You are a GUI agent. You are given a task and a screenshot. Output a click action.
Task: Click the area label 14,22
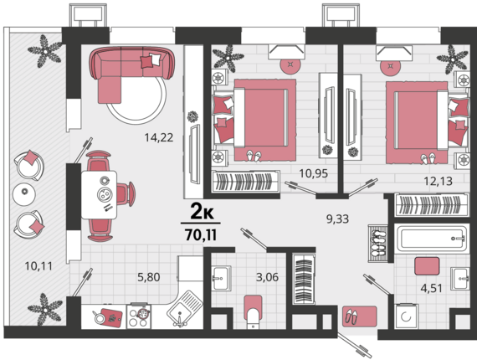[x=159, y=137]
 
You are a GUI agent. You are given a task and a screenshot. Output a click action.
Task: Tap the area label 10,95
[x=313, y=173]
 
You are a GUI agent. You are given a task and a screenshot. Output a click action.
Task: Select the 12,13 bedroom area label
[x=439, y=182]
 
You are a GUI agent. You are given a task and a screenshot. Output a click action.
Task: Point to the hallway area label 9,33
[x=338, y=219]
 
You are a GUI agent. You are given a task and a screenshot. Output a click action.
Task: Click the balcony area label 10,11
[x=38, y=266]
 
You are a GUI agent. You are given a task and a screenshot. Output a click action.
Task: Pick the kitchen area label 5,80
[x=149, y=277]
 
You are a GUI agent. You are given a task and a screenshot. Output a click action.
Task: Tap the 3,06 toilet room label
[x=268, y=277]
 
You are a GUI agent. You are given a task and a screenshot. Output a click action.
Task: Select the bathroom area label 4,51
[x=431, y=287]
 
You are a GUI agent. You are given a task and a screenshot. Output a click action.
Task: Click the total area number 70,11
[x=201, y=235]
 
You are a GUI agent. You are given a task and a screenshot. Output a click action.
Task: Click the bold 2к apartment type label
[x=202, y=212]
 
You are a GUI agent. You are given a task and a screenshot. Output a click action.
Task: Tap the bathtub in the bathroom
[x=431, y=239]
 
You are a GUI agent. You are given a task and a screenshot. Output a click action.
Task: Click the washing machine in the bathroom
[x=406, y=316]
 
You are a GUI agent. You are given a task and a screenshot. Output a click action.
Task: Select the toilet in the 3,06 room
[x=253, y=311]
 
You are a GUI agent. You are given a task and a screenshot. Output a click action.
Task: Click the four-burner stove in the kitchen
[x=139, y=316]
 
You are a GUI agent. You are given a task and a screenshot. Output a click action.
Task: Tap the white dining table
[x=100, y=195]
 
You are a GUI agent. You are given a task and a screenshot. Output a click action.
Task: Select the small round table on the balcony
[x=24, y=194]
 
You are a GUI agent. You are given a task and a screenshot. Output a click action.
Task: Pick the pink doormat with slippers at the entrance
[x=360, y=316]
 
